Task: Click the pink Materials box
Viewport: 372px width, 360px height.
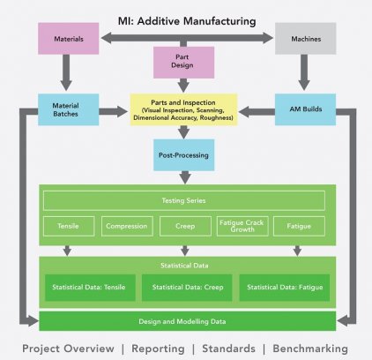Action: click(69, 39)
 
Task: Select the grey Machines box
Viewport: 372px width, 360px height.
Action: click(306, 39)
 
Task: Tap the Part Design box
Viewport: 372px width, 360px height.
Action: click(183, 63)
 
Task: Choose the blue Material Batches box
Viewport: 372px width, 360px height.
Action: click(69, 109)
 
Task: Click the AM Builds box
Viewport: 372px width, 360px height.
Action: click(305, 109)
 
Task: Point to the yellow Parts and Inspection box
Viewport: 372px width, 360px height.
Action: click(183, 109)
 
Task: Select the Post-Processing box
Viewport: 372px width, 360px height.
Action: click(183, 155)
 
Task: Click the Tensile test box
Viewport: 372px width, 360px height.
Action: click(69, 226)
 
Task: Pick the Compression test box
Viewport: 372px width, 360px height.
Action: click(127, 226)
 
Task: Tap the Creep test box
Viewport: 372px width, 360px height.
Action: click(185, 226)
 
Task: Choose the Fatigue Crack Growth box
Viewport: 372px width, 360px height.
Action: click(242, 226)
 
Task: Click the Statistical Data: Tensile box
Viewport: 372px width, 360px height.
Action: click(90, 288)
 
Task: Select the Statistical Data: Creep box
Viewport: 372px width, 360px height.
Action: click(187, 288)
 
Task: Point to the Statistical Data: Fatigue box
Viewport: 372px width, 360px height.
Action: click(285, 288)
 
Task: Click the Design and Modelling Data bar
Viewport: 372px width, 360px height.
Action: click(188, 321)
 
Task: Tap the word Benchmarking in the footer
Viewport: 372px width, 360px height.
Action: click(310, 349)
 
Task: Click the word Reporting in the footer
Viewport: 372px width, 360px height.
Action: click(158, 349)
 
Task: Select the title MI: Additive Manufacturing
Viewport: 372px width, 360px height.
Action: click(187, 21)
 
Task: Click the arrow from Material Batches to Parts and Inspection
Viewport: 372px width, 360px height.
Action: click(113, 111)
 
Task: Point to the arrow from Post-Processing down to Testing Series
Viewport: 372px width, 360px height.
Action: click(185, 177)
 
